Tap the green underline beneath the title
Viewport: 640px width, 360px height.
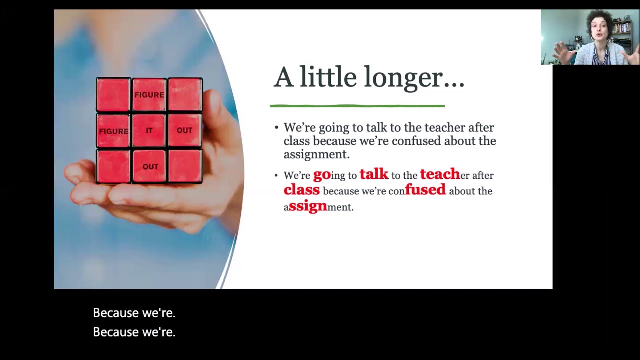click(x=357, y=106)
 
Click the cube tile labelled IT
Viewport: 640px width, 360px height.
click(x=149, y=130)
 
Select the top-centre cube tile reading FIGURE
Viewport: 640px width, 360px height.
click(x=149, y=94)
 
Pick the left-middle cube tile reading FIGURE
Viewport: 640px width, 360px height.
click(x=113, y=131)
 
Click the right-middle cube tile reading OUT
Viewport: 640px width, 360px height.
click(x=184, y=130)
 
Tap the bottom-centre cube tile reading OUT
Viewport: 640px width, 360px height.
click(x=150, y=167)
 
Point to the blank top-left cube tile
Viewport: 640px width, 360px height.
click(x=113, y=94)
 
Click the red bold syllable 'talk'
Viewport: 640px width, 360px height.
click(x=374, y=174)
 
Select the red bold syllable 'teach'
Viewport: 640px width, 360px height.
click(x=440, y=174)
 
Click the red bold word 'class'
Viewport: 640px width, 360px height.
click(x=301, y=190)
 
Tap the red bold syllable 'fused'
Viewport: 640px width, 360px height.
click(x=425, y=190)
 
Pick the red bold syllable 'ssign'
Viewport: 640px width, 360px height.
click(x=308, y=206)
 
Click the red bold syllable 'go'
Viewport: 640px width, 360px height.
click(x=322, y=175)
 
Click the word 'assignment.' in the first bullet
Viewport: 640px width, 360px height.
click(x=316, y=154)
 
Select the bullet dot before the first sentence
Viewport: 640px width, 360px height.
click(x=276, y=128)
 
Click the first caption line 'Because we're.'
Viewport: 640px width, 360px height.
click(x=134, y=313)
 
